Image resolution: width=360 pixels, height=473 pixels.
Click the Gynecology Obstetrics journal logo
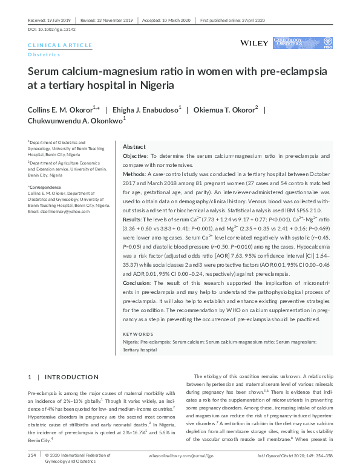[298, 43]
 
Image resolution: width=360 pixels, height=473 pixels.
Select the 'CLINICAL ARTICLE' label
[60, 45]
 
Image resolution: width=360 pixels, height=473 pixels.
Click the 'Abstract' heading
[134, 147]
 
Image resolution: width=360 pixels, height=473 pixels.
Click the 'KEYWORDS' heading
[139, 334]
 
